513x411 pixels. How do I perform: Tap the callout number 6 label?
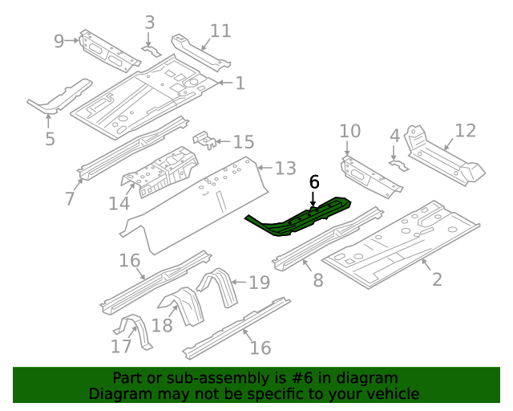314,182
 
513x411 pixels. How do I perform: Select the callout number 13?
286,168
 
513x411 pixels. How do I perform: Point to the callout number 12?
466,130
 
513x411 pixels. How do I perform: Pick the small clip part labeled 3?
151,51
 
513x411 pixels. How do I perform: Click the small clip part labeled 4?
398,165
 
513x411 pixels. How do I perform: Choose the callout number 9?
59,40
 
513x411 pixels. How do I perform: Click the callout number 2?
437,279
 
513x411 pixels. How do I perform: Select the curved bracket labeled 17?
131,332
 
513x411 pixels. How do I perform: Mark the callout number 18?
162,325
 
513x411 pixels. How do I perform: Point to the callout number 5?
50,139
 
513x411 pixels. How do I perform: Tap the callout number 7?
70,197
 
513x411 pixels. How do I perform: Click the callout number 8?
317,280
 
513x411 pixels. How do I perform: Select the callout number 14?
119,204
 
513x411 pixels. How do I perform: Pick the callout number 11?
220,31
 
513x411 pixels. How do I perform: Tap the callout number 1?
240,83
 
